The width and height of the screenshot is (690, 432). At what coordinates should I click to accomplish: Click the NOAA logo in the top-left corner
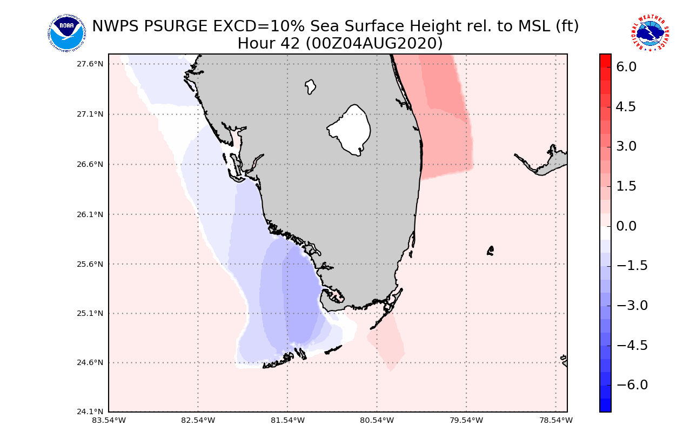point(66,33)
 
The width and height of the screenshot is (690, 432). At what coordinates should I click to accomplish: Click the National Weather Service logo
point(649,33)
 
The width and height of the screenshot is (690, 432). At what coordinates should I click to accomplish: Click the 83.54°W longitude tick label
point(109,420)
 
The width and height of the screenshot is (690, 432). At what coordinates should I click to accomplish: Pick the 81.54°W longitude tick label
point(287,420)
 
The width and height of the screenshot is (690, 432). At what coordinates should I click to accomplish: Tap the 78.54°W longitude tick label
point(556,420)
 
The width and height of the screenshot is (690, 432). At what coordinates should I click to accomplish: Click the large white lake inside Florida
point(350,130)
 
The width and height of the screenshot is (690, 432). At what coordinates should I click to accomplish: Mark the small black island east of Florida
point(490,251)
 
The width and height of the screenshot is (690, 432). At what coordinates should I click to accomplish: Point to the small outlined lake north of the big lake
point(310,86)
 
